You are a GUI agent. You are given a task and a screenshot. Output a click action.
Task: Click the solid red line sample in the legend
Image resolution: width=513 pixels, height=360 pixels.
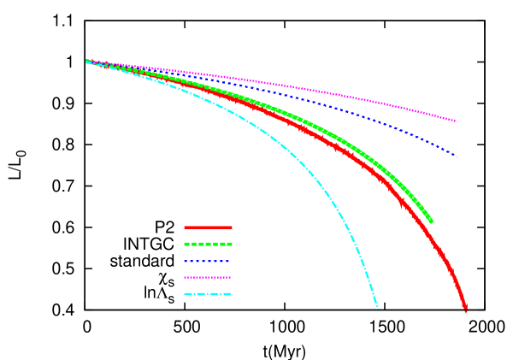coord(208,227)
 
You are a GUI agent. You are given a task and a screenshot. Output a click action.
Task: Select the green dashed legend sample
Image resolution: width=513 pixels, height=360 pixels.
coord(208,244)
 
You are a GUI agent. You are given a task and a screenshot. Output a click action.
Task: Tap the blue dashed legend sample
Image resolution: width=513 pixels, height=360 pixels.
coord(208,261)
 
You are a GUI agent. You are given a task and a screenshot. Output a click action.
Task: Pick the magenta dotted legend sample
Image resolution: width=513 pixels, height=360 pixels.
coord(208,277)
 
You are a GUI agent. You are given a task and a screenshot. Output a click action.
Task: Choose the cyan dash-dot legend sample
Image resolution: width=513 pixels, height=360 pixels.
coord(208,294)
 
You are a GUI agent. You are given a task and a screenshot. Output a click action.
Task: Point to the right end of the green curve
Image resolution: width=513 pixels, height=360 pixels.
coord(431,221)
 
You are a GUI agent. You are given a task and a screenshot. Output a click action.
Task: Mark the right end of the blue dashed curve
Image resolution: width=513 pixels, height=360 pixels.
coord(457,157)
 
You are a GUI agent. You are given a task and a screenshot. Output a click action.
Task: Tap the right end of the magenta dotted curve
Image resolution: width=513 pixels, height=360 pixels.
coord(457,121)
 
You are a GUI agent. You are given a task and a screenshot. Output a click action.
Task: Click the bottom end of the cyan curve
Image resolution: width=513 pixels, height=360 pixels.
coord(376,306)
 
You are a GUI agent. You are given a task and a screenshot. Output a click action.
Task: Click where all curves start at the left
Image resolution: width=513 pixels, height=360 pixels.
coord(87,62)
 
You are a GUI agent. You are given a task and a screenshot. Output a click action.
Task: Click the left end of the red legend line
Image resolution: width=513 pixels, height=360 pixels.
coord(186,227)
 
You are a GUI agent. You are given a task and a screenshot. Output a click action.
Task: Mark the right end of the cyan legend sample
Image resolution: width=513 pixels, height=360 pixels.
coord(230,294)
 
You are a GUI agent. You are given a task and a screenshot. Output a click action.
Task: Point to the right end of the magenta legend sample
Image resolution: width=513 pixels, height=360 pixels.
coord(230,277)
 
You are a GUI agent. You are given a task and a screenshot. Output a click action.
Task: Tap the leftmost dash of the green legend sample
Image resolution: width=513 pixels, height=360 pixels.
coord(187,244)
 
